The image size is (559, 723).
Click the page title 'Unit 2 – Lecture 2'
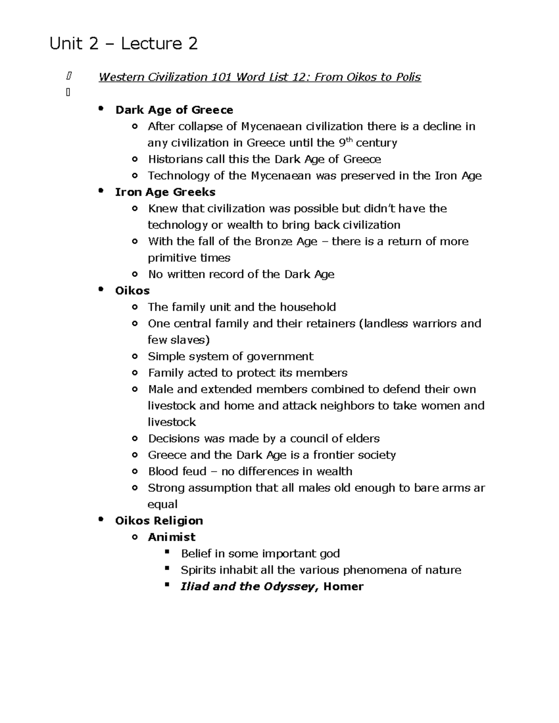point(123,44)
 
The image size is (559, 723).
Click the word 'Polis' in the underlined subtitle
point(408,77)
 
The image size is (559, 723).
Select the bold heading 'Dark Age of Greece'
point(174,110)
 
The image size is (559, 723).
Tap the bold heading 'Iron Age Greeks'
point(165,192)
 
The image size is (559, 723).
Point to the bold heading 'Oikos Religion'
point(159,520)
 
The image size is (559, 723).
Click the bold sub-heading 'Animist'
point(171,537)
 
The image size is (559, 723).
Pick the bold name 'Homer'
point(343,586)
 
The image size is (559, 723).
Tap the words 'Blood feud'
point(177,471)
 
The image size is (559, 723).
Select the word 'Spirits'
point(198,570)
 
